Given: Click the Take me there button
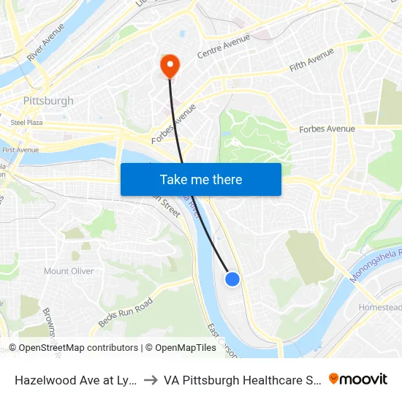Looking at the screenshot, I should pos(201,179).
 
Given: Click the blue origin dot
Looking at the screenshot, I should pos(232,278).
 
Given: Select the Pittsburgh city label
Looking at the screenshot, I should pos(48,101).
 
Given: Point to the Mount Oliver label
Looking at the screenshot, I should pos(69,271).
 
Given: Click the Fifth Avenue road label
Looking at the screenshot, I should pos(312,60).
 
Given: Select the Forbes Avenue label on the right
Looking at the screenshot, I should pos(327,129).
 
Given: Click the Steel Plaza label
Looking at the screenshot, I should pos(26,123).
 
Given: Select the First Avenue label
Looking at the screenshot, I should pos(20,150).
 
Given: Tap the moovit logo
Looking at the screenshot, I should pos(358,379).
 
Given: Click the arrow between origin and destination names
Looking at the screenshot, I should pos(148,380).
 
